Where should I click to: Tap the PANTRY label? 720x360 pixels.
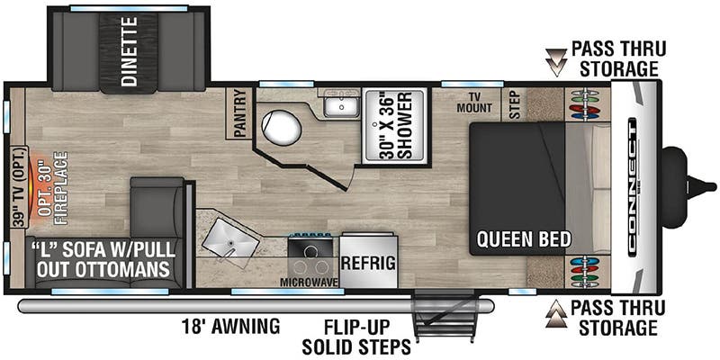click(239, 115)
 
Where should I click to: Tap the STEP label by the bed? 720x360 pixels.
click(515, 105)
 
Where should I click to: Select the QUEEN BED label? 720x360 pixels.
click(523, 239)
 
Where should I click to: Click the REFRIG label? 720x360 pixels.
click(368, 263)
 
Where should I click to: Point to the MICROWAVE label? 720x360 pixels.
click(309, 282)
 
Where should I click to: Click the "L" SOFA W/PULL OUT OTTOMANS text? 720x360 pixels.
click(101, 258)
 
